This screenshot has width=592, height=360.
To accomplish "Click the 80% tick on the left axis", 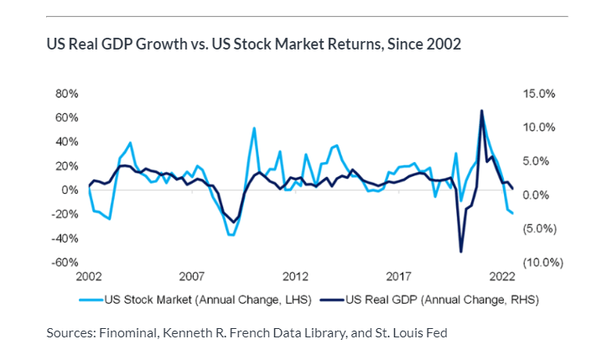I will point(66,93).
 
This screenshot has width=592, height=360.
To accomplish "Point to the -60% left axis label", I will point(65,262).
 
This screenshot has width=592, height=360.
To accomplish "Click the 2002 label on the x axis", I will point(89,275).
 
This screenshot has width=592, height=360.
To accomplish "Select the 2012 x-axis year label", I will point(295,275).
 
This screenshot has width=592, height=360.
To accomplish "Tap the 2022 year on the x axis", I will point(501,275).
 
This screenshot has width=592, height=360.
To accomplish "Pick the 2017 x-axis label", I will point(398,275).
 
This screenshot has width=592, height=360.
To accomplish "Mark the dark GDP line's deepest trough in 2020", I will point(460,252).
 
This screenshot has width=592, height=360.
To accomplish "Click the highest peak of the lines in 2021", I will point(481,110).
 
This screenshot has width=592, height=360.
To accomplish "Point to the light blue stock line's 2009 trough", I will point(231,235).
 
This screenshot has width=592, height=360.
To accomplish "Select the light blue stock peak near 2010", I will point(254,128).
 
